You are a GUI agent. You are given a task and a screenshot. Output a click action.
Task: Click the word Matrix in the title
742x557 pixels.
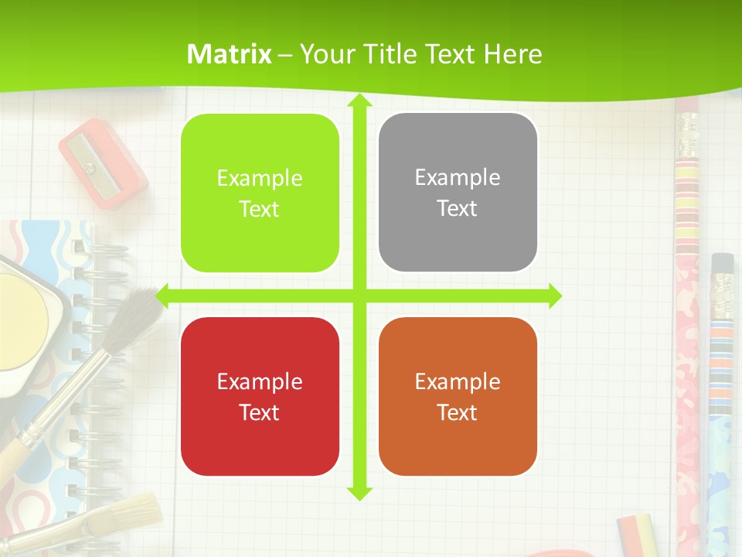coord(230,54)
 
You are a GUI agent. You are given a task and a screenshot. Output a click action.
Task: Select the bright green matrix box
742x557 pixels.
coord(260,193)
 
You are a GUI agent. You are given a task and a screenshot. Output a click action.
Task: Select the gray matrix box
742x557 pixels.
coord(458,193)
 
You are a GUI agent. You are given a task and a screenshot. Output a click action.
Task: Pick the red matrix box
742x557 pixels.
coord(260,396)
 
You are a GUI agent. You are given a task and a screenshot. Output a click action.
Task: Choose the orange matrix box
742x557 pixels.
coord(458,396)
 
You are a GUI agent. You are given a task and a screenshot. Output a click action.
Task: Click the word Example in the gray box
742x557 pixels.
coord(458,178)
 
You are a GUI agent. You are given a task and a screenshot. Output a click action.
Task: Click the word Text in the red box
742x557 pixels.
coord(260,412)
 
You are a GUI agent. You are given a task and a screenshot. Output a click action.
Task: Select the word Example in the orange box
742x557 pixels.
coord(458,381)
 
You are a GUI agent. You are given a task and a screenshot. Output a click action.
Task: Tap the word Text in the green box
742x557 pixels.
coord(260,210)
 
